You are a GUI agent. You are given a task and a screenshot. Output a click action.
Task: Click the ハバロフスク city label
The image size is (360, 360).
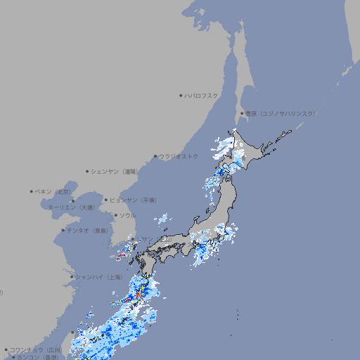(201, 95)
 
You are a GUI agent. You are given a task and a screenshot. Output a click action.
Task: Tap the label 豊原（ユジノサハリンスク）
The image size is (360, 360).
(281, 113)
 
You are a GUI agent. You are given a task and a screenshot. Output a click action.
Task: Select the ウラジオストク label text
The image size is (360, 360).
(179, 156)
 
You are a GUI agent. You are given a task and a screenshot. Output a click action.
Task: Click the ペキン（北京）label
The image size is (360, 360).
(53, 191)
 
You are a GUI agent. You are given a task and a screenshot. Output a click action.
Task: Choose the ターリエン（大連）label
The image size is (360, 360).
(71, 207)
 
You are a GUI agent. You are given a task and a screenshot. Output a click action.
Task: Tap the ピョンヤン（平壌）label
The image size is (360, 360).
(134, 200)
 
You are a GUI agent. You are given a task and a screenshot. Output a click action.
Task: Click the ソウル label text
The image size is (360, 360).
(127, 215)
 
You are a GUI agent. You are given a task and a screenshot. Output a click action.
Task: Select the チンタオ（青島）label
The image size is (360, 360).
(87, 230)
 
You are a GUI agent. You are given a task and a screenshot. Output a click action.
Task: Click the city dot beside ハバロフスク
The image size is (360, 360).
(181, 95)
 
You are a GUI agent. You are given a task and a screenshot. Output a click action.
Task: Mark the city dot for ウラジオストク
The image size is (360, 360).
(155, 156)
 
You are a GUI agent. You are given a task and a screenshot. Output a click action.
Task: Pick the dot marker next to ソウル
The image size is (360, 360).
(115, 215)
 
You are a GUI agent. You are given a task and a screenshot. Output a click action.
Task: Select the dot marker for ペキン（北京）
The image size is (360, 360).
(32, 191)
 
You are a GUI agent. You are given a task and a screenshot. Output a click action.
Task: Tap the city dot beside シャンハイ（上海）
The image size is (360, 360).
(72, 277)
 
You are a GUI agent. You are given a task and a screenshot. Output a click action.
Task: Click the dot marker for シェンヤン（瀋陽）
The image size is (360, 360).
(87, 171)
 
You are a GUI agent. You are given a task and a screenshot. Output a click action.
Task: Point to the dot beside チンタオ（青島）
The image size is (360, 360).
(63, 230)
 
